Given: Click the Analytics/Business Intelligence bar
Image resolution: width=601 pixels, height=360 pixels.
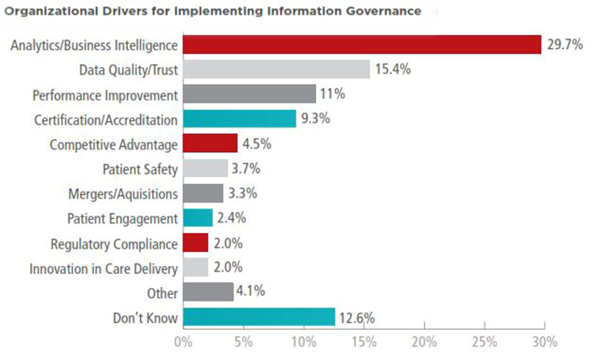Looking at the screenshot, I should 361,45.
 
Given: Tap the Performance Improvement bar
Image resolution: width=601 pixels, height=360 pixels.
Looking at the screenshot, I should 249,95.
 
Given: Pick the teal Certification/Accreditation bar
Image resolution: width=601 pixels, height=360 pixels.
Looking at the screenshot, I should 239,119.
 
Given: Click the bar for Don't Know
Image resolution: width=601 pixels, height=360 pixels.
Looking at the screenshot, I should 258,318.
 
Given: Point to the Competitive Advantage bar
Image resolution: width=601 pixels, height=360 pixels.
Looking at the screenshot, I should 210,143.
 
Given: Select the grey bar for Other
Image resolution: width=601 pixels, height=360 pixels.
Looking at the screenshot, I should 208,292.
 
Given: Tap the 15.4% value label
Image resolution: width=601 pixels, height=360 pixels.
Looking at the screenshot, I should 391,70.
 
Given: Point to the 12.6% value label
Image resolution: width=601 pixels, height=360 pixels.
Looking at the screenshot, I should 356,318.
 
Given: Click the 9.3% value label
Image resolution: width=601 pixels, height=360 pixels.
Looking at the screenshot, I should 316,119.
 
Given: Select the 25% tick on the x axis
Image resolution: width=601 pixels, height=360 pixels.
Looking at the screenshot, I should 484,342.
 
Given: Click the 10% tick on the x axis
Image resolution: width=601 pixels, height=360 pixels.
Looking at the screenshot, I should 304,342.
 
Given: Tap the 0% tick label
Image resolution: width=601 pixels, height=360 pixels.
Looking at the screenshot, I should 183,342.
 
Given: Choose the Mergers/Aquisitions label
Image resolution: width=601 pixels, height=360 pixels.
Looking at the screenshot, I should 124,193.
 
